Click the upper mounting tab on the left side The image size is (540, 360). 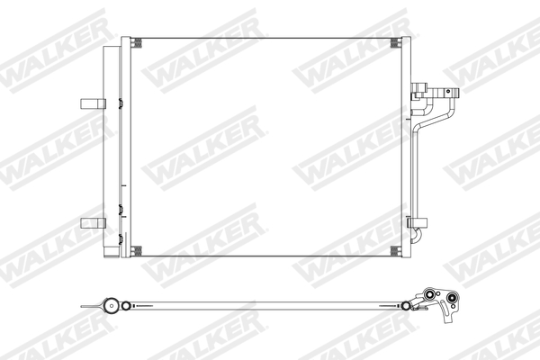(91, 102)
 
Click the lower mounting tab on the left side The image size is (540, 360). (91, 223)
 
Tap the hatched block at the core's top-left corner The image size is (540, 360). (136, 43)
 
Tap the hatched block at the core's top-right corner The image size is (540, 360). (397, 43)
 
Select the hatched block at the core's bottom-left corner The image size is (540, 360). (136, 250)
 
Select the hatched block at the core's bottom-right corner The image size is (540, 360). (397, 250)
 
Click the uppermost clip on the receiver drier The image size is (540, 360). (120, 102)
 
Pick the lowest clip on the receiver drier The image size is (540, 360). (120, 238)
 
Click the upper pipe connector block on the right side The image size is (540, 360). (420, 92)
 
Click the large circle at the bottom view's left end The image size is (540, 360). (111, 308)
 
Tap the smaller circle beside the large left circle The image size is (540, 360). (127, 308)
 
